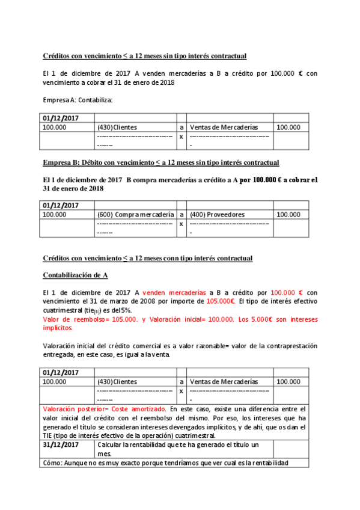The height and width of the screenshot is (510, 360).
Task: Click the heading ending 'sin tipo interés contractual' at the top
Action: (x=144, y=56)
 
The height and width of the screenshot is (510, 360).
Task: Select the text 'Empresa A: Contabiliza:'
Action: (x=78, y=100)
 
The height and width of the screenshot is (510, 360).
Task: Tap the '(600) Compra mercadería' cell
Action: (x=135, y=215)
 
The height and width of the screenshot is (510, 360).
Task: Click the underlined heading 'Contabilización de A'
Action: (x=75, y=275)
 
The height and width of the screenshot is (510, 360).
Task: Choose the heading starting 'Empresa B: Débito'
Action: (x=160, y=162)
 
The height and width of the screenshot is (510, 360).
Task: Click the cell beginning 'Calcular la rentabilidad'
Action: (x=177, y=444)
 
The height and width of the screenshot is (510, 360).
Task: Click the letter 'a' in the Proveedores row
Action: (x=181, y=215)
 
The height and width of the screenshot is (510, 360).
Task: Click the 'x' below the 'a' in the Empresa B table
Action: (x=181, y=224)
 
